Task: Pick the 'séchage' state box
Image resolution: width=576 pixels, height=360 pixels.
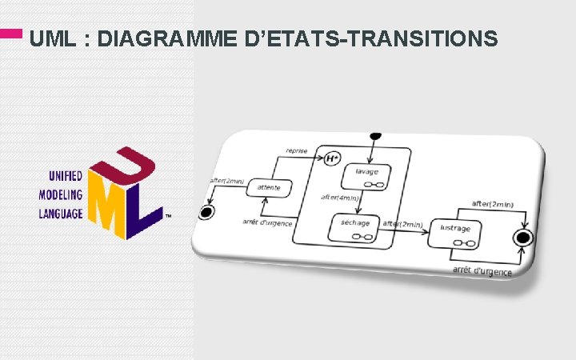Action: click(353, 228)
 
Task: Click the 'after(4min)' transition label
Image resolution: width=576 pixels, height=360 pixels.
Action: click(341, 197)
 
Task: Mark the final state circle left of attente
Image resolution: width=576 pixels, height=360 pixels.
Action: click(208, 212)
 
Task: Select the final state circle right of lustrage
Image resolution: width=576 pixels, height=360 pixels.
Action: click(524, 238)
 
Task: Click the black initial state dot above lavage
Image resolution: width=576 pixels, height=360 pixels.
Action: click(374, 136)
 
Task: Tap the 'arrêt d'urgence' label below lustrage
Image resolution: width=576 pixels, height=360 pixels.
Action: click(482, 271)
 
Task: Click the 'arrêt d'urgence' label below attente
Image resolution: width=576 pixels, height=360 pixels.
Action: click(267, 222)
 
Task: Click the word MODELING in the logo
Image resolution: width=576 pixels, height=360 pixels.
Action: click(61, 194)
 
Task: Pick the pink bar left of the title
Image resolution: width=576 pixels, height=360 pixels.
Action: click(11, 34)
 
